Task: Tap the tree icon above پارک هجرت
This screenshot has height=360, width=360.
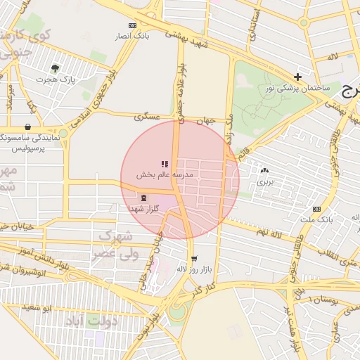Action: coord(56,68)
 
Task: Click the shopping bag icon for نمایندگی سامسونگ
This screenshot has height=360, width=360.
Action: coord(27,127)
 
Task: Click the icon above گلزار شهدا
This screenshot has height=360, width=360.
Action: coord(143,198)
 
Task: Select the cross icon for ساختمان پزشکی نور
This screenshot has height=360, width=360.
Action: coord(298,76)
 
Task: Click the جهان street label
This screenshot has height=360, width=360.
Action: coord(204,120)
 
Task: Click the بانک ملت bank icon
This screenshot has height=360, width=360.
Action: coord(317,209)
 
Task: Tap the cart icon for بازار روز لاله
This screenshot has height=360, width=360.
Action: coord(194,258)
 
